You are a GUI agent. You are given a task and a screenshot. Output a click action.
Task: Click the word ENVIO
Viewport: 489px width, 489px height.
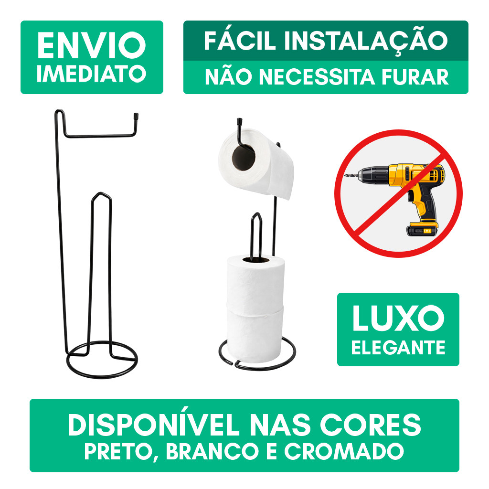[91, 46]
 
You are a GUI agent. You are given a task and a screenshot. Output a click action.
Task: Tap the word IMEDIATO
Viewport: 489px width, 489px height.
[91, 74]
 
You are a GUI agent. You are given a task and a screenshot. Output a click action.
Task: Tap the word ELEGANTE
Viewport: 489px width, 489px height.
[398, 347]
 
